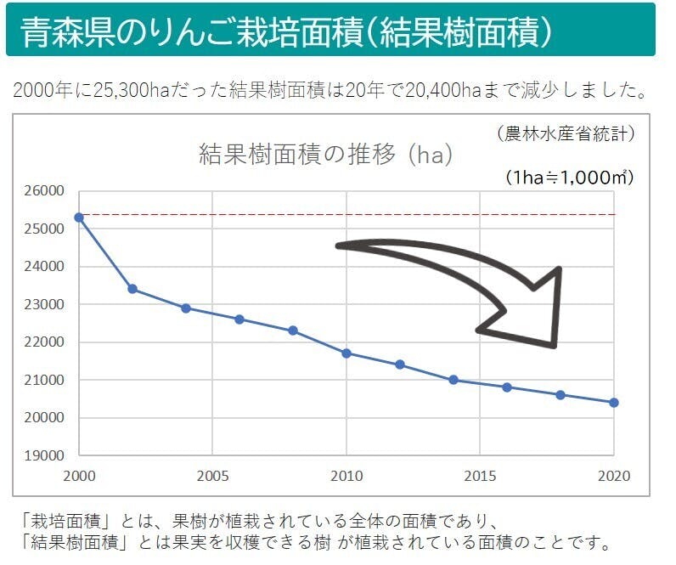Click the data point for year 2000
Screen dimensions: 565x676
tap(79, 218)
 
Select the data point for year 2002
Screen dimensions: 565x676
tap(132, 289)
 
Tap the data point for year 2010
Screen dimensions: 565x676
tap(346, 353)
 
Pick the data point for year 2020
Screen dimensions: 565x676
tap(614, 403)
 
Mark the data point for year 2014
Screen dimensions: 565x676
tap(453, 380)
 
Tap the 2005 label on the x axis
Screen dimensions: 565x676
tap(212, 476)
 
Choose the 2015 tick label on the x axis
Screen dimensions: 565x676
tap(481, 476)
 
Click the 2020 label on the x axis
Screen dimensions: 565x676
tap(614, 476)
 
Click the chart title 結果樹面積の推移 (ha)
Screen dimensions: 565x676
tap(325, 155)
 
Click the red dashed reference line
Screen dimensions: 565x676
tap(340, 215)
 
